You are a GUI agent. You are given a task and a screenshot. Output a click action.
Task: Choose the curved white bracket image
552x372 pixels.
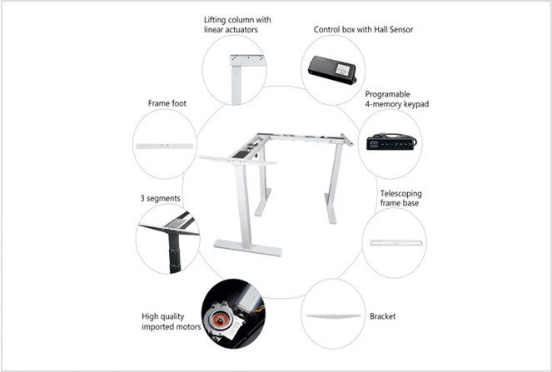[333, 317]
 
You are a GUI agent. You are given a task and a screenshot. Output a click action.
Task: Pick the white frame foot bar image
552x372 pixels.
[165, 145]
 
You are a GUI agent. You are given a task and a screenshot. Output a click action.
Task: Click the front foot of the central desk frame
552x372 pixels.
[248, 247]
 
